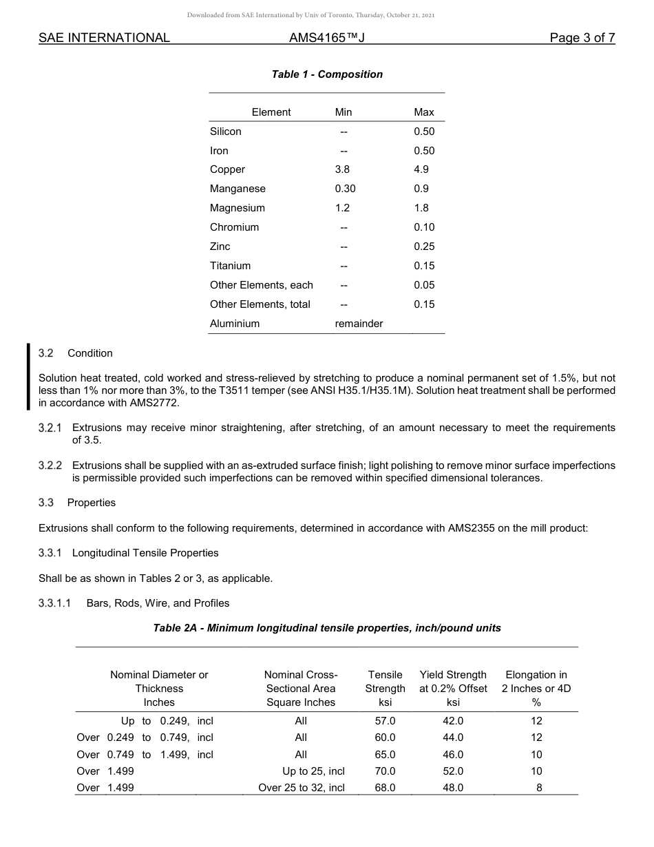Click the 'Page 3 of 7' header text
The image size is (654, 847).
click(582, 39)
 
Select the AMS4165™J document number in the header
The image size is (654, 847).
click(326, 39)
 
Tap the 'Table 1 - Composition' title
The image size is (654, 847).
click(327, 74)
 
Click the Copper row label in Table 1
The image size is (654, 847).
click(227, 169)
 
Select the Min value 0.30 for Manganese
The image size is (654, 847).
click(345, 189)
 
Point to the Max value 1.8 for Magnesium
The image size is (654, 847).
click(421, 208)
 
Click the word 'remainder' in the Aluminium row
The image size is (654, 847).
click(359, 324)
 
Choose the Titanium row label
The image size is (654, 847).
click(230, 266)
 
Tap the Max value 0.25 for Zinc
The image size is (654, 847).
click(424, 247)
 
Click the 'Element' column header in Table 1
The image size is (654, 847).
click(271, 112)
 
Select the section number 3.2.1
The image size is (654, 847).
click(50, 428)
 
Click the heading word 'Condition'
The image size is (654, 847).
click(89, 353)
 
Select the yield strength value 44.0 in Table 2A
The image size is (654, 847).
click(453, 738)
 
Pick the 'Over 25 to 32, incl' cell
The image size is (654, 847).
click(302, 788)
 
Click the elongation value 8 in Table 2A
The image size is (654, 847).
click(539, 788)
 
